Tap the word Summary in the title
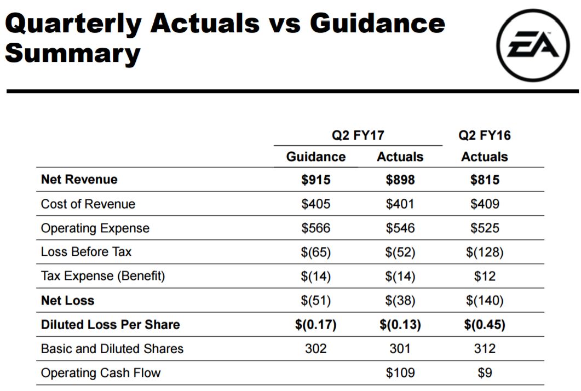click(72, 53)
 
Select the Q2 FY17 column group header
click(358, 135)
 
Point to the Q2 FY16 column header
click(485, 135)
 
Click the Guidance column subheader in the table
click(316, 157)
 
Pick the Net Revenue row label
click(79, 179)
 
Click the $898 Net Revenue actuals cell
click(400, 180)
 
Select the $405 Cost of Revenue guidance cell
click(316, 204)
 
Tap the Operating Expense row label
click(95, 228)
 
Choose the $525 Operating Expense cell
click(485, 228)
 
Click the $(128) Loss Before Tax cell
click(485, 252)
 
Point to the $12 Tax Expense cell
click(485, 276)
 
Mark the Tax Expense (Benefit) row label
click(103, 276)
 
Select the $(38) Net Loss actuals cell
click(400, 300)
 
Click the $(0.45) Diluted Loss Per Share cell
click(485, 324)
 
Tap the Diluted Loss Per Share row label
click(111, 324)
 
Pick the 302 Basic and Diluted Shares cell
click(316, 348)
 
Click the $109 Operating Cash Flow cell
click(400, 373)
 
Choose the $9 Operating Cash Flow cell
click(485, 373)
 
